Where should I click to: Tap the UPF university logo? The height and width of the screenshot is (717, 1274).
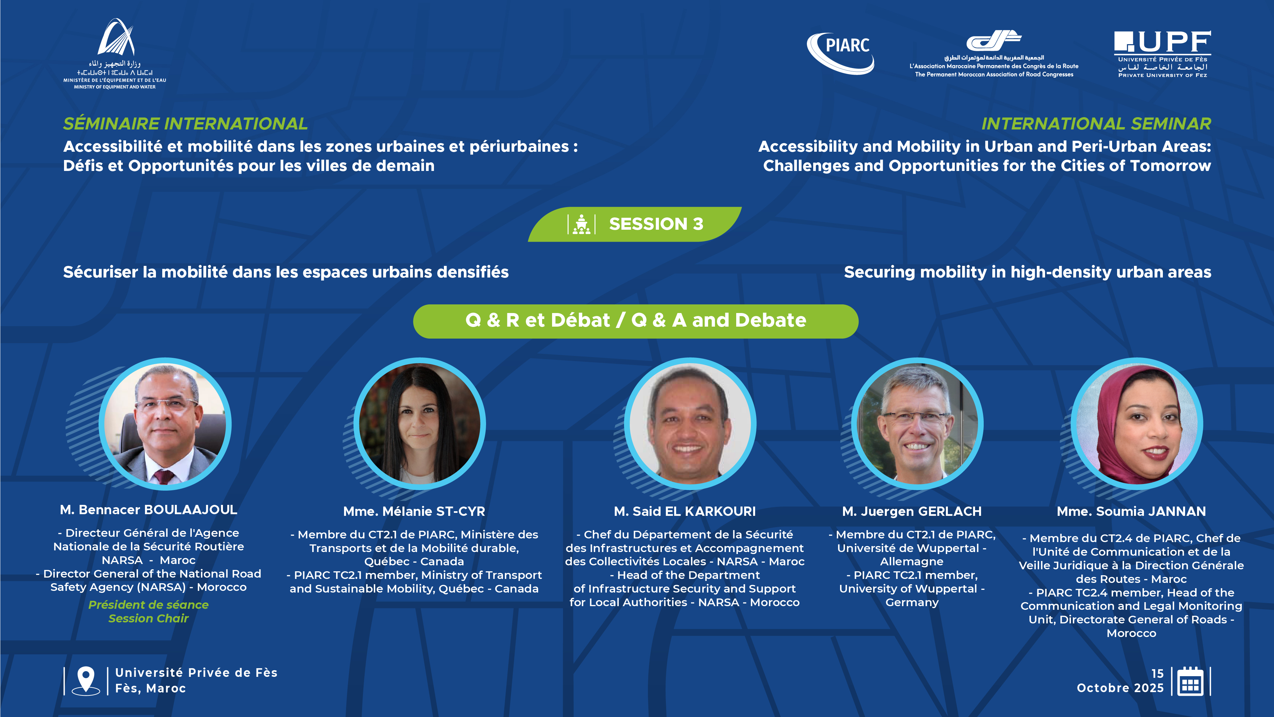[x=1162, y=54]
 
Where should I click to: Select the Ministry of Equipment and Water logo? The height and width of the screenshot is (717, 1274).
[x=115, y=53]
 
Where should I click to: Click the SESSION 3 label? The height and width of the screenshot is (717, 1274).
[x=656, y=224]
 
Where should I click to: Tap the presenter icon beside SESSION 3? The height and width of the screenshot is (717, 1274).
[x=582, y=224]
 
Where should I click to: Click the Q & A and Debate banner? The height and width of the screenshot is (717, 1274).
[x=636, y=321]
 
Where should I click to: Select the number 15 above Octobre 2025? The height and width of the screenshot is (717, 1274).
[x=1157, y=674]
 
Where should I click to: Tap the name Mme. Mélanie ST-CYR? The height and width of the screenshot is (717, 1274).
[x=414, y=511]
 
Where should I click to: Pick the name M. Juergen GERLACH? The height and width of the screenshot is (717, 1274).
[x=912, y=511]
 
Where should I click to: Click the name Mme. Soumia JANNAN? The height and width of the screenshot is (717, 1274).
[x=1132, y=511]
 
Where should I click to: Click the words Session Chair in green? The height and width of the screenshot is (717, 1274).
[x=148, y=618]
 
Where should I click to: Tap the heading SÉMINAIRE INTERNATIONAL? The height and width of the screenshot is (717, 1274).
[x=185, y=124]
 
